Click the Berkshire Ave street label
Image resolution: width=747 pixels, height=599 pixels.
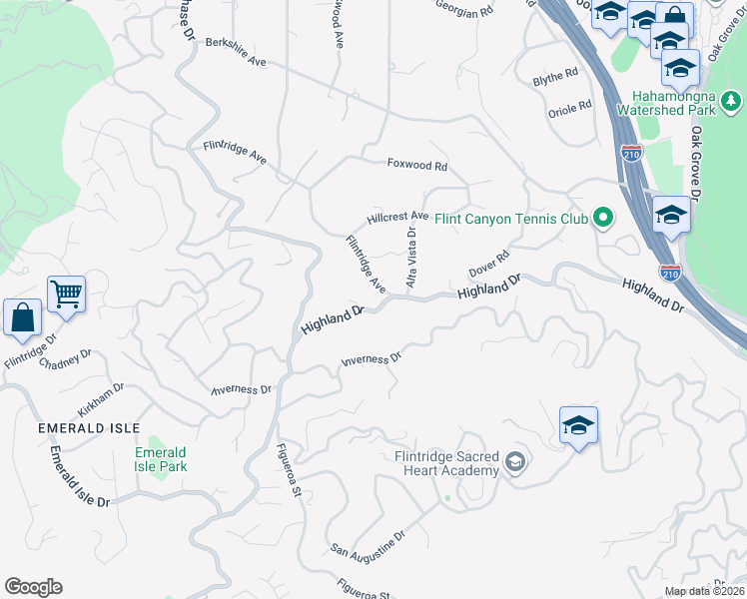pos(236,52)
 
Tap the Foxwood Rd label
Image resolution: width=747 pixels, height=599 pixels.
pos(417,166)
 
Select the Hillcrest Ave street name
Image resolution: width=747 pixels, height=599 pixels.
pos(397,217)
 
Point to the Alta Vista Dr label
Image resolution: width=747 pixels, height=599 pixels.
pos(410,258)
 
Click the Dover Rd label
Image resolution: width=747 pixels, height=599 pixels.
pos(489,265)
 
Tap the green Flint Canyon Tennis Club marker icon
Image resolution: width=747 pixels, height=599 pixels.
pos(602,217)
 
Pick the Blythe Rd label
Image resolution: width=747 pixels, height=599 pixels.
pos(555,76)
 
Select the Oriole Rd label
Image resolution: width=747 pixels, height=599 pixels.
pos(570,107)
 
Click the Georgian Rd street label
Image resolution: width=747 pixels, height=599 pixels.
pos(464,11)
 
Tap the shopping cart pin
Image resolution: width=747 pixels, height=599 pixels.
pos(67,294)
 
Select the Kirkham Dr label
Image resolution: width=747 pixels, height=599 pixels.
pos(101,399)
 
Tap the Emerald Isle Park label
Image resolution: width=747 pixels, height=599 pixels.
pos(161,459)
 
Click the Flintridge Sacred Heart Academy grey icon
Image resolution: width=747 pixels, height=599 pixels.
pos(514,460)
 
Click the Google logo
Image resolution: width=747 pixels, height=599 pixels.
pos(33,587)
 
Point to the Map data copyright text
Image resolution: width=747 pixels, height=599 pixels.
pos(704,591)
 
